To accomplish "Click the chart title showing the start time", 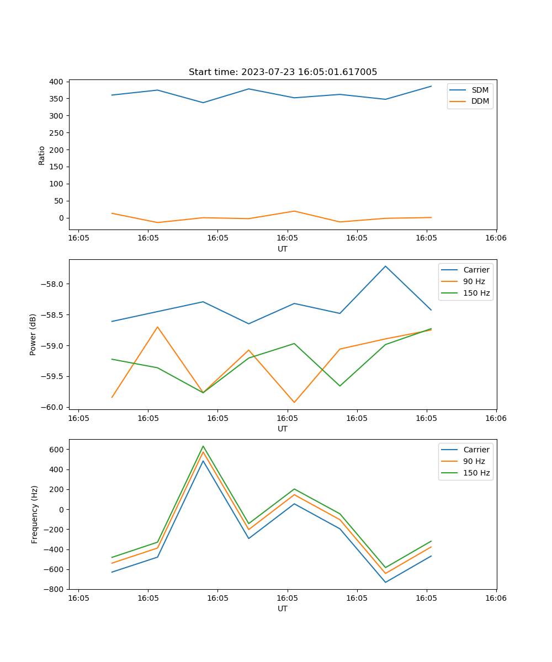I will pos(283,72).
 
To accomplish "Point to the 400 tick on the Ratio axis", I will pos(57,82).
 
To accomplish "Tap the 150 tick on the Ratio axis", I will pos(57,167).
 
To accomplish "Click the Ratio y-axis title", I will pos(42,155).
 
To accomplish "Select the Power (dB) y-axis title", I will pos(33,334).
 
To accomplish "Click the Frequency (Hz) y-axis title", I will pos(35,514).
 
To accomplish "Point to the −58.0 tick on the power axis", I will pos(53,284).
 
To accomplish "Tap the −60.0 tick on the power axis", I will pos(53,407).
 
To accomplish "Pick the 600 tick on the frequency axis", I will pos(57,450).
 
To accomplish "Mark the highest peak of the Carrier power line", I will pos(385,266).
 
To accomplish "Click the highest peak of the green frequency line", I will pos(203,446).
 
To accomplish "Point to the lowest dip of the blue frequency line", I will pos(385,582).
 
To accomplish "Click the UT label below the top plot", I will pos(283,249).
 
